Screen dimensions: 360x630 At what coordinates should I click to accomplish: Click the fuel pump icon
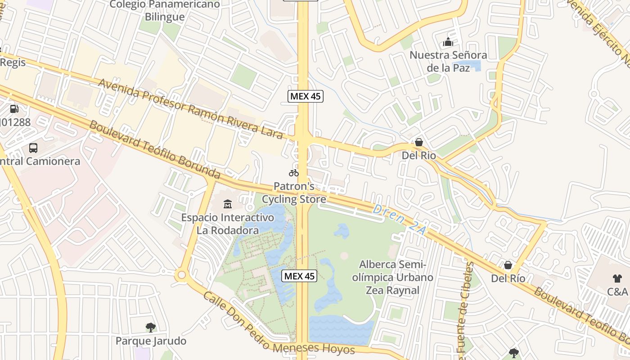pyautogui.click(x=14, y=108)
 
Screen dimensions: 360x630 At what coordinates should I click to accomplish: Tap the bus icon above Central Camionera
pyautogui.click(x=33, y=148)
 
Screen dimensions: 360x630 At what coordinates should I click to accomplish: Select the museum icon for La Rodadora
pyautogui.click(x=228, y=204)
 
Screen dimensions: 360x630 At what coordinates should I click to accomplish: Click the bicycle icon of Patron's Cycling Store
pyautogui.click(x=294, y=172)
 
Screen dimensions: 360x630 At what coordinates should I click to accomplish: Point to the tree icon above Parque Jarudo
pyautogui.click(x=151, y=327)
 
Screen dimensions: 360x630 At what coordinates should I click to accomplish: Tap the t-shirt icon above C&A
pyautogui.click(x=617, y=279)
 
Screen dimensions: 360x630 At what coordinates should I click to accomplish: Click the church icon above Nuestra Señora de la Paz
pyautogui.click(x=448, y=42)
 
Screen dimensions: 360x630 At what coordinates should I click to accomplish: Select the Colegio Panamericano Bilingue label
pyautogui.click(x=165, y=10)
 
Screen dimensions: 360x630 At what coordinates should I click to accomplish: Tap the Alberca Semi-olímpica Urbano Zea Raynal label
pyautogui.click(x=392, y=277)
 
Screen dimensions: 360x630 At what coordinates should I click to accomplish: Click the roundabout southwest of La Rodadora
pyautogui.click(x=182, y=274)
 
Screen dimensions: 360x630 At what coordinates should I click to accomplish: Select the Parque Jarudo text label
pyautogui.click(x=151, y=341)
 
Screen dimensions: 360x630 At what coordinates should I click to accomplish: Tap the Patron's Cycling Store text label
pyautogui.click(x=294, y=193)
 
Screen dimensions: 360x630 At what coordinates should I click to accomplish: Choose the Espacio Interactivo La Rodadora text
pyautogui.click(x=228, y=224)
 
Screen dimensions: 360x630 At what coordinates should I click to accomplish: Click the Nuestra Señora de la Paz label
pyautogui.click(x=448, y=62)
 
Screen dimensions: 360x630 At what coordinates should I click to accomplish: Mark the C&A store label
pyautogui.click(x=617, y=292)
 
